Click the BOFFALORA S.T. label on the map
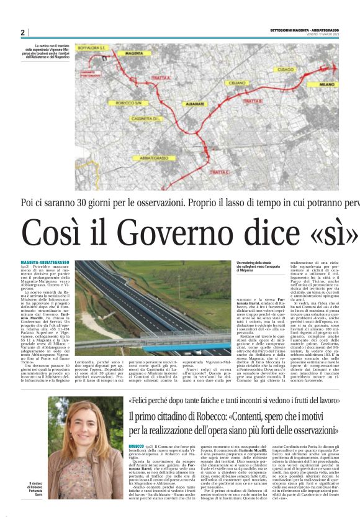tap(92, 46)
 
